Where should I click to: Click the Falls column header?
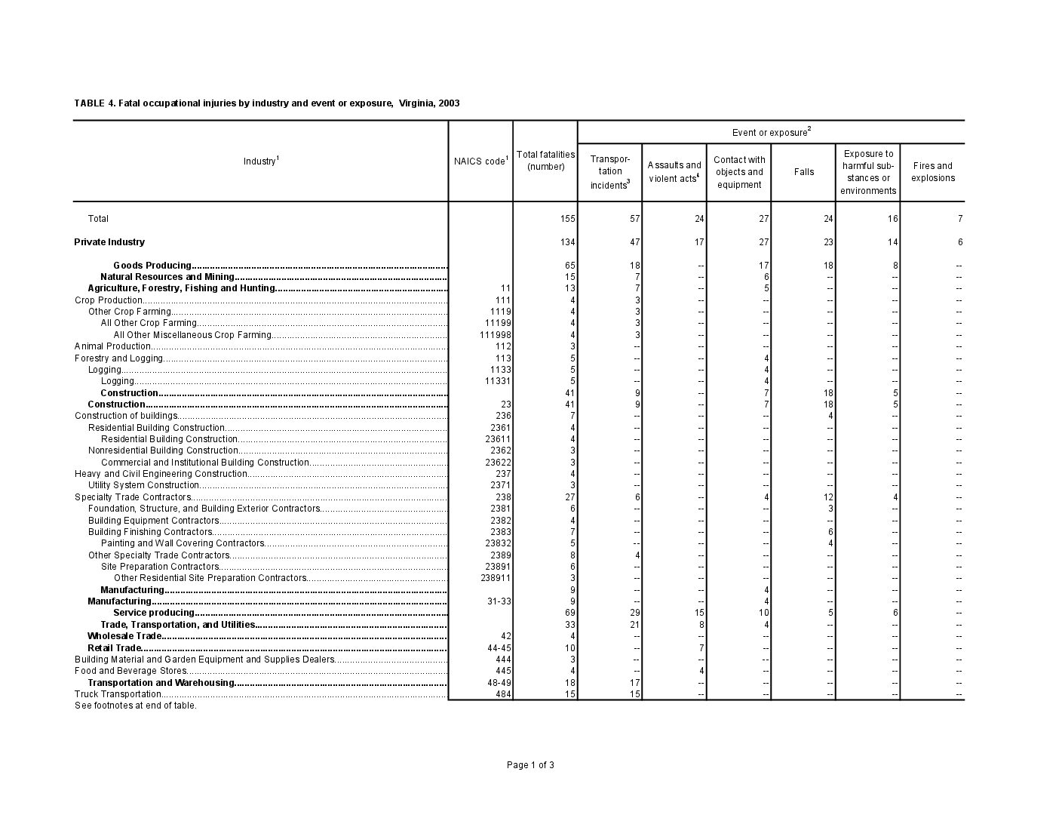[x=804, y=172]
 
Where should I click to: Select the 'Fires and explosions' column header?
[x=932, y=172]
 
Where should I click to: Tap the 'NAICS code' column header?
[x=480, y=161]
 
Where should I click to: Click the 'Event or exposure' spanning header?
[x=771, y=133]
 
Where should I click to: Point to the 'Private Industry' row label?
[x=109, y=242]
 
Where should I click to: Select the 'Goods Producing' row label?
[x=152, y=266]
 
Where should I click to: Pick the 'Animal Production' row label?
[x=112, y=346]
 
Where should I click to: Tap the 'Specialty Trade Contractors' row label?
[x=133, y=497]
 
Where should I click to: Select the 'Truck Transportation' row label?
[x=118, y=694]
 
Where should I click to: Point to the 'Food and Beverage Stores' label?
[x=130, y=671]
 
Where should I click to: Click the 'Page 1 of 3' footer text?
[x=530, y=765]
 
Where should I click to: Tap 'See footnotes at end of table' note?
[x=135, y=706]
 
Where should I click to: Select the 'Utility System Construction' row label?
[x=143, y=485]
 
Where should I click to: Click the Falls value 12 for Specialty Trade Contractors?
[x=828, y=497]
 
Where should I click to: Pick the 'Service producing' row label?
[x=154, y=613]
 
